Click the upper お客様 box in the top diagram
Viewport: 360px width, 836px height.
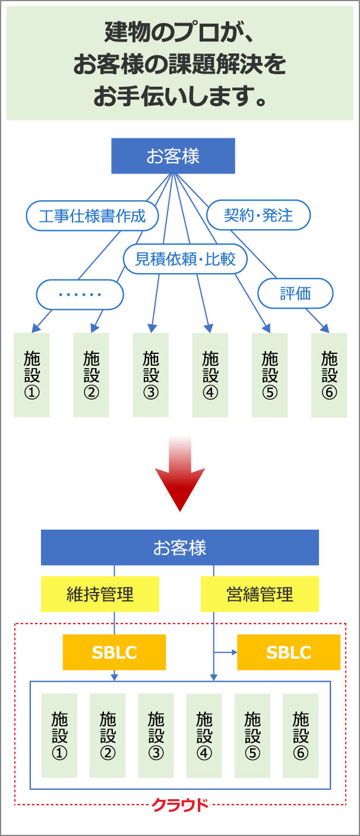(173, 156)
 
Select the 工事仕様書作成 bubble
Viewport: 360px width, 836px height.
(92, 216)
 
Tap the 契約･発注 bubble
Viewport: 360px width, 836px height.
(258, 215)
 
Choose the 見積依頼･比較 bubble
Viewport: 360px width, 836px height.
(185, 259)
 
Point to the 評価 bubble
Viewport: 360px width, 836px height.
(295, 293)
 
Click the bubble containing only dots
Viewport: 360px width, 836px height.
(80, 294)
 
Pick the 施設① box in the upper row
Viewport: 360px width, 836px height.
(31, 375)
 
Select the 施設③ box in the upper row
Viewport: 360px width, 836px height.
(151, 375)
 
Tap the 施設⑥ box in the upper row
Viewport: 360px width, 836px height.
(329, 375)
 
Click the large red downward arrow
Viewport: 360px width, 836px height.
(179, 475)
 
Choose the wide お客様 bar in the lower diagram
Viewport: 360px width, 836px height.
(179, 547)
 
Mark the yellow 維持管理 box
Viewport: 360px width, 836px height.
(100, 594)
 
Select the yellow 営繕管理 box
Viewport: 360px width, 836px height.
(260, 594)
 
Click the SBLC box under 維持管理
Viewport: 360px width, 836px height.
(114, 653)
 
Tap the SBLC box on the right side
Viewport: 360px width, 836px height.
(289, 653)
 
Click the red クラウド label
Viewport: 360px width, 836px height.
(180, 805)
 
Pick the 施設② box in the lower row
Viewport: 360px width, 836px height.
(108, 736)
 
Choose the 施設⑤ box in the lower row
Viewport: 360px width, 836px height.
(252, 736)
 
